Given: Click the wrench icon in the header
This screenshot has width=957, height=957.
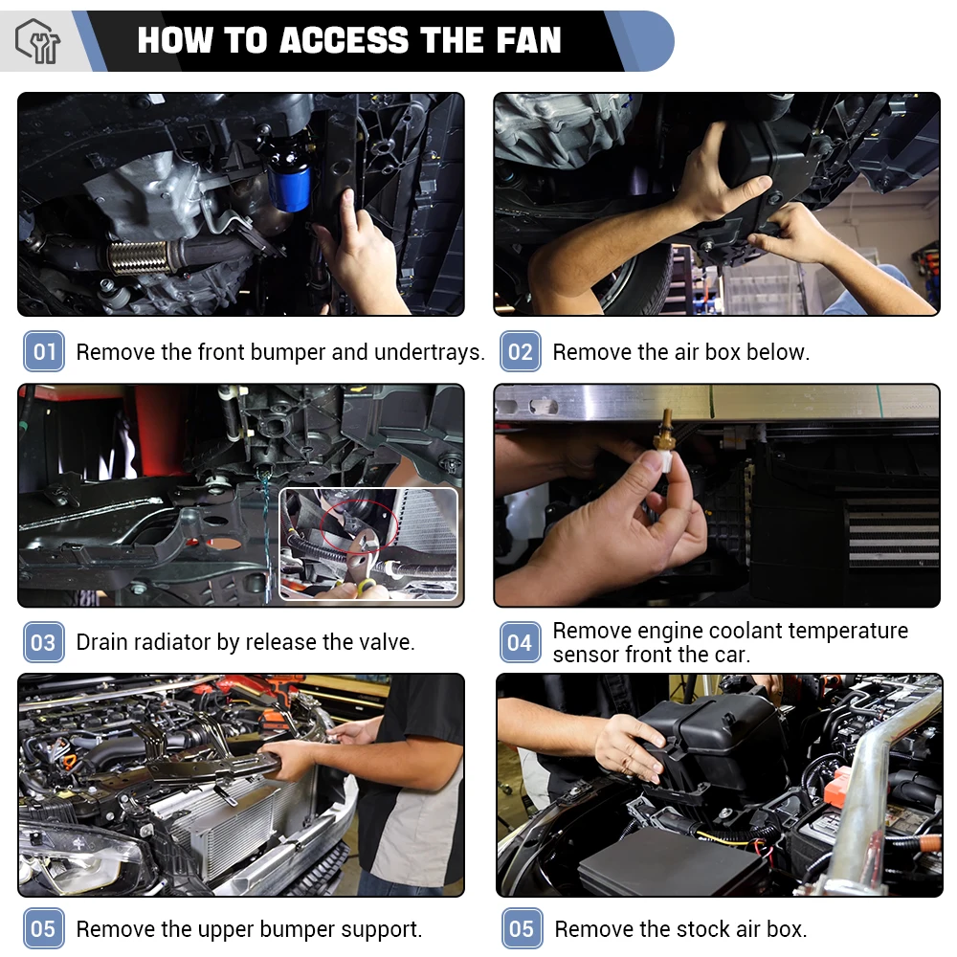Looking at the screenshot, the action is pos(38,41).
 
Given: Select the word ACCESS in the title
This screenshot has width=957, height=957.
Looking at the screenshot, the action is pos(345,40).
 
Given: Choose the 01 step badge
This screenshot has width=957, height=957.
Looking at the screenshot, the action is pos(44,351).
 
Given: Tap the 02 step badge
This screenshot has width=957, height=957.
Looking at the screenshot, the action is pos(520,351).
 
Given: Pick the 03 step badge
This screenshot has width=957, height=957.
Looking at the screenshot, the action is pos(44,642).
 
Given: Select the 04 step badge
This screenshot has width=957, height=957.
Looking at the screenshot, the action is pos(520,642).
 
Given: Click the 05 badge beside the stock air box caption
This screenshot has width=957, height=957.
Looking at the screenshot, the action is pos(522,928).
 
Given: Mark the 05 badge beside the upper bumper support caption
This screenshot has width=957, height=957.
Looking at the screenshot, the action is pos(44,928).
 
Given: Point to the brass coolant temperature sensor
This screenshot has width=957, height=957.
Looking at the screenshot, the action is pos(665,433).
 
